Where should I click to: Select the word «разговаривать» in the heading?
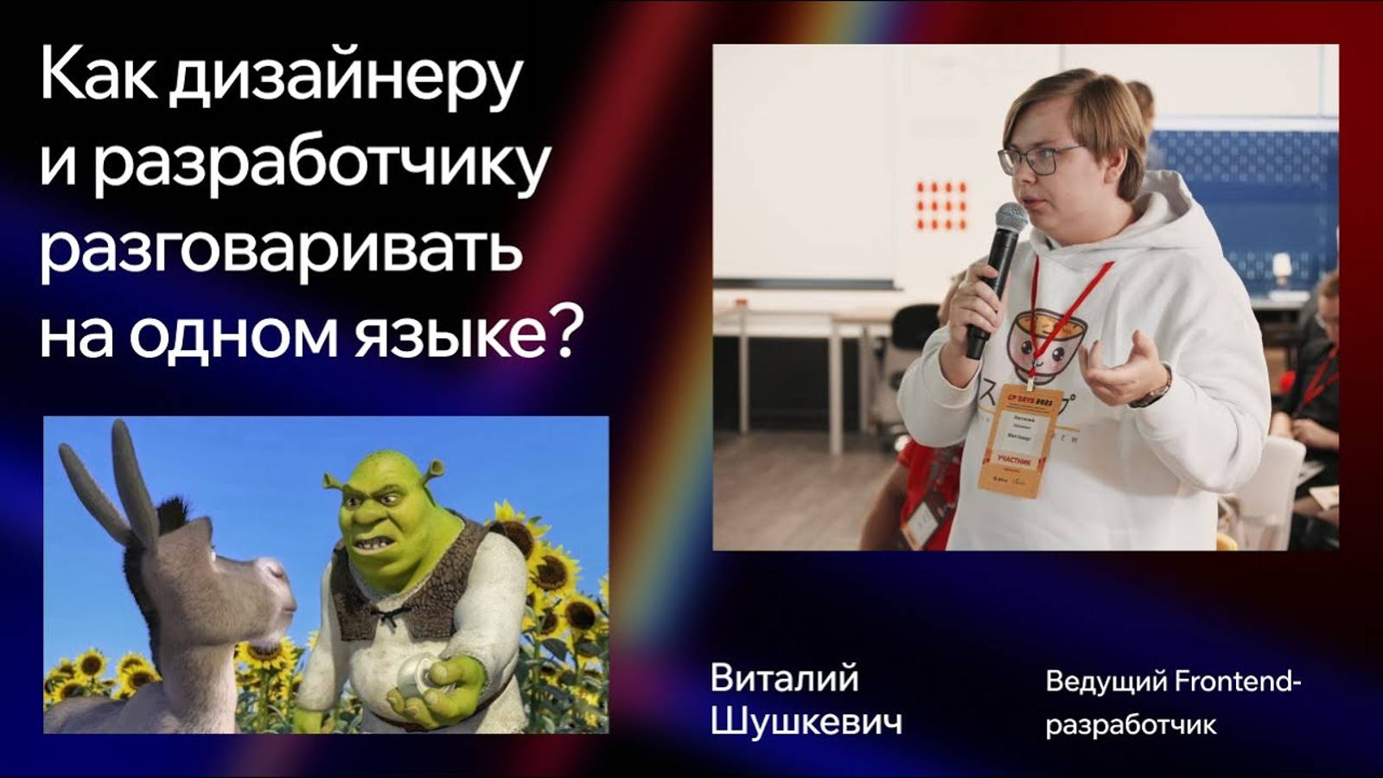coord(281,251)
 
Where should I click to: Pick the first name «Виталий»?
coord(784,679)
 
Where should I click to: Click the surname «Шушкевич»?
coord(806,721)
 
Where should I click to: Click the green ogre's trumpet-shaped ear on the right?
coord(431,471)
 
